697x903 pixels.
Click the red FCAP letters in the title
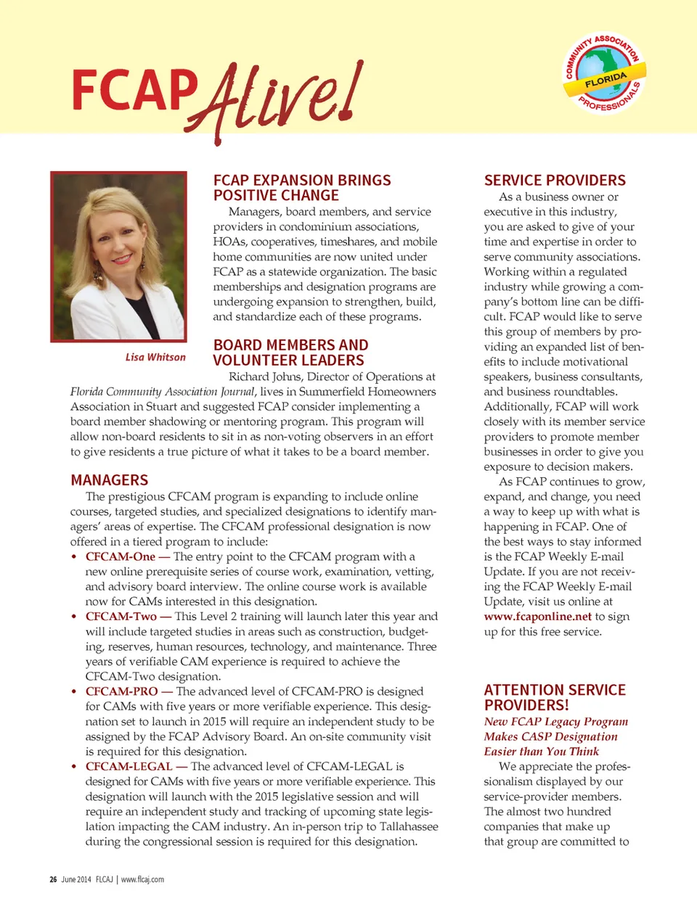click(x=134, y=90)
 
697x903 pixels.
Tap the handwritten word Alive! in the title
click(x=280, y=99)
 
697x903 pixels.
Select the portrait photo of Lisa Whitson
click(x=119, y=256)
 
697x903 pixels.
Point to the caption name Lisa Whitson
click(x=155, y=357)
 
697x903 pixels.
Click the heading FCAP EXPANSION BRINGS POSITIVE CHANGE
click(x=302, y=188)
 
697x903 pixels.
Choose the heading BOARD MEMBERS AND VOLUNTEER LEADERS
click(x=290, y=352)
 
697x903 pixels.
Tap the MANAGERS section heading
click(x=110, y=480)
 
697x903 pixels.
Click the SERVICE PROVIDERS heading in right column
click(x=555, y=181)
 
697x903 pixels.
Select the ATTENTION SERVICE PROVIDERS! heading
click(x=555, y=697)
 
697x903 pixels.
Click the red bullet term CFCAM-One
click(x=121, y=556)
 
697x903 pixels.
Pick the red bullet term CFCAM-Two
click(x=121, y=617)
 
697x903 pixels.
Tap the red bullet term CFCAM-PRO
click(x=121, y=691)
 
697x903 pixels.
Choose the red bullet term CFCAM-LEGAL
click(x=129, y=766)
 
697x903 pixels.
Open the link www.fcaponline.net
click(x=538, y=617)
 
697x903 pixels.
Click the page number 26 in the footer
click(x=53, y=879)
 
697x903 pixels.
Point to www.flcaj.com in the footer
click(x=142, y=879)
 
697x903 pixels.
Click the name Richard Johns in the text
click(x=264, y=376)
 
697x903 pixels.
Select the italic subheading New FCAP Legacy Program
click(x=556, y=722)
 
